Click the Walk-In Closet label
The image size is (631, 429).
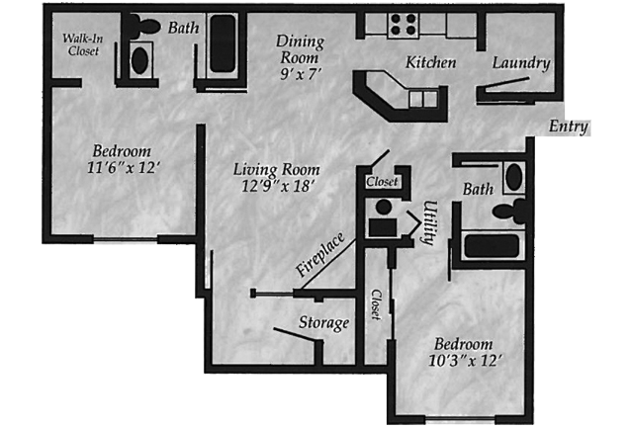pos(82,44)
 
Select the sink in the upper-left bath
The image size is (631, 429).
pos(140,60)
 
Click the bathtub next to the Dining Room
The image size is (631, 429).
pos(223,44)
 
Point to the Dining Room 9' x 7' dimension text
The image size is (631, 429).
pos(301,74)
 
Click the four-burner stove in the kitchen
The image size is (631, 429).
pos(404,25)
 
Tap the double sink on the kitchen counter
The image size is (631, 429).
pos(423,99)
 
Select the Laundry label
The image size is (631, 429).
pos(521,63)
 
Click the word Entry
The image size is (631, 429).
pos(569,127)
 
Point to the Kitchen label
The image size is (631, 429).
pos(430,62)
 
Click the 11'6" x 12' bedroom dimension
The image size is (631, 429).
pos(124,167)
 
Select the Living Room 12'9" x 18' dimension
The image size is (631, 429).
pos(278,186)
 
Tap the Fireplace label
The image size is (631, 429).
pos(320,254)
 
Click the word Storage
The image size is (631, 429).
pos(324,323)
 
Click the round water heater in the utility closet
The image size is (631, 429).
pos(384,208)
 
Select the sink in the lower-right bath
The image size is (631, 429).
pos(514,177)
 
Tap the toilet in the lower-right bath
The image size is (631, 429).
pos(510,211)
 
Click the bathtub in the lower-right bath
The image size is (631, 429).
pos(492,246)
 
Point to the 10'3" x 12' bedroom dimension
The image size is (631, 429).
pos(465,360)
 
